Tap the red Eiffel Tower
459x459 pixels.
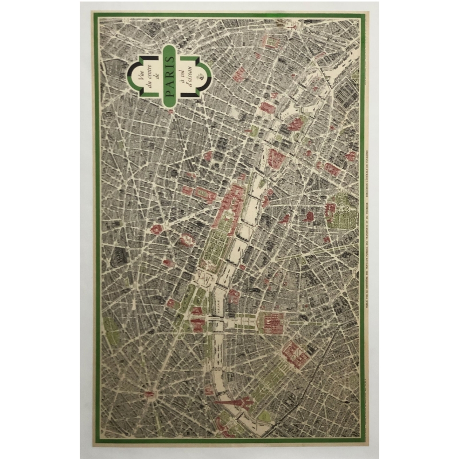[x=232, y=402]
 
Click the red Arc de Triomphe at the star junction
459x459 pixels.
[x=150, y=395]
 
